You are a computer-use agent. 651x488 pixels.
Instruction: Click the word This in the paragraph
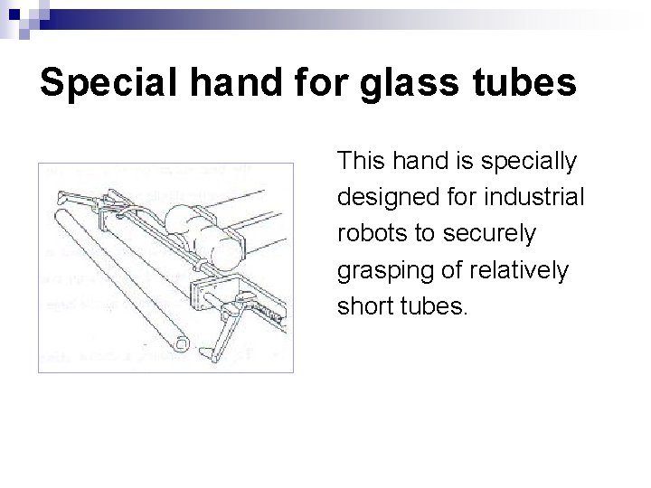(358, 162)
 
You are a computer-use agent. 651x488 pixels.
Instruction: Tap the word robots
(369, 234)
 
